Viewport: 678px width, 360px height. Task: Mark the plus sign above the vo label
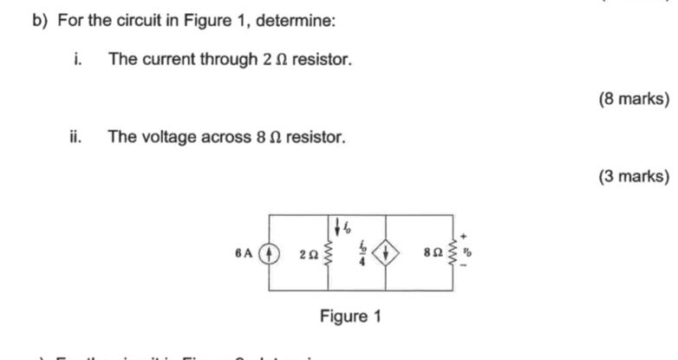(x=464, y=236)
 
